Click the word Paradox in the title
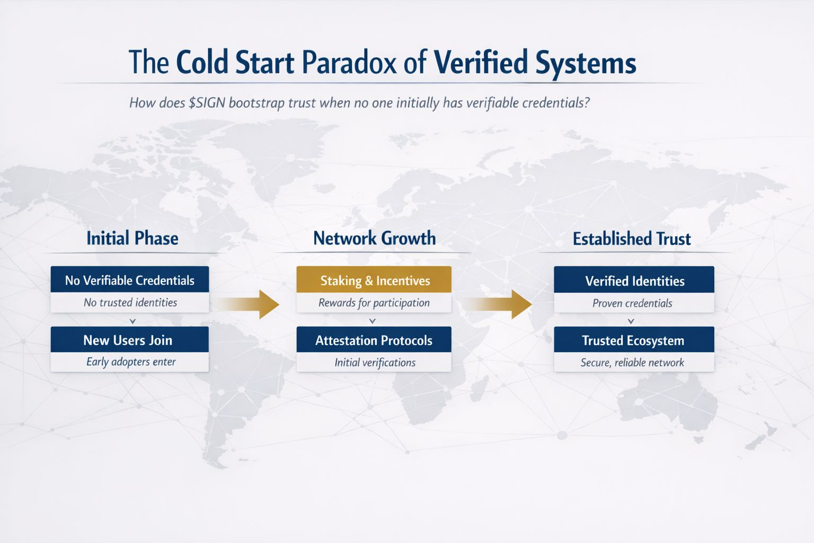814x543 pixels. pos(349,62)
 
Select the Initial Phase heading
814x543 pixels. pos(132,239)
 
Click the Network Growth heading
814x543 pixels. pos(374,238)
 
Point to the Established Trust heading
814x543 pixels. pos(632,239)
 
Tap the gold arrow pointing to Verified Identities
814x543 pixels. pos(498,304)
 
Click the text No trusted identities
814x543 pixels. pos(130,302)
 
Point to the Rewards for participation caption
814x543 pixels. pos(374,303)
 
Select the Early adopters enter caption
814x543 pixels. pos(131,362)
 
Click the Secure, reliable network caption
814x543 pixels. pos(632,362)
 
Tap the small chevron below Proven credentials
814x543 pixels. pos(631,321)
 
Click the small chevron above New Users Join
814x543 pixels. pos(132,321)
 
